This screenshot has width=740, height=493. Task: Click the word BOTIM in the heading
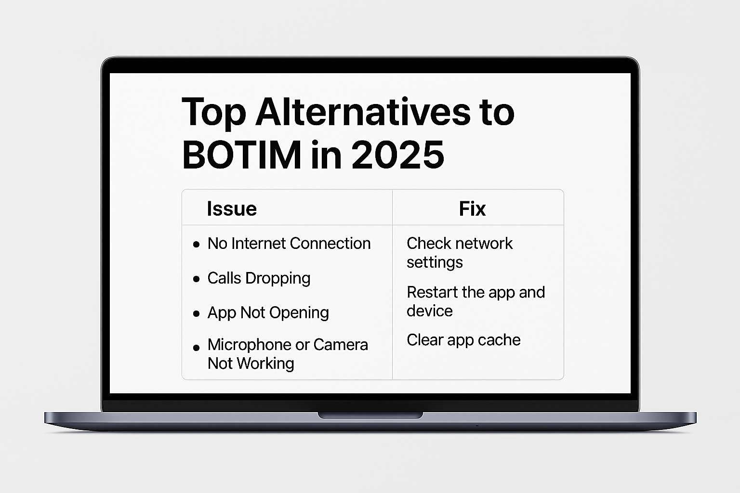241,155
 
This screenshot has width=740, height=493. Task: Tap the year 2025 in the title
398,155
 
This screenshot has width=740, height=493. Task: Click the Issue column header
232,208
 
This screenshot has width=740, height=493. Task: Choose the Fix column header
473,208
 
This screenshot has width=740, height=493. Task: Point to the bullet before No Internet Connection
196,245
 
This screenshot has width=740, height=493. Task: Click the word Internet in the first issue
259,243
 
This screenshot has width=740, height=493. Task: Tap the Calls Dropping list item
259,278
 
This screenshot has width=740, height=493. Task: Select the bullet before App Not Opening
196,313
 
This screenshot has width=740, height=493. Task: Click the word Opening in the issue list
299,313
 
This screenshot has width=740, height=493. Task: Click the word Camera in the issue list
341,345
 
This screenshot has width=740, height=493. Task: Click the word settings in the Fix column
435,262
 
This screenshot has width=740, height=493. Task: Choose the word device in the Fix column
429,311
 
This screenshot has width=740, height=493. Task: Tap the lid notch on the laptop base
370,415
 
